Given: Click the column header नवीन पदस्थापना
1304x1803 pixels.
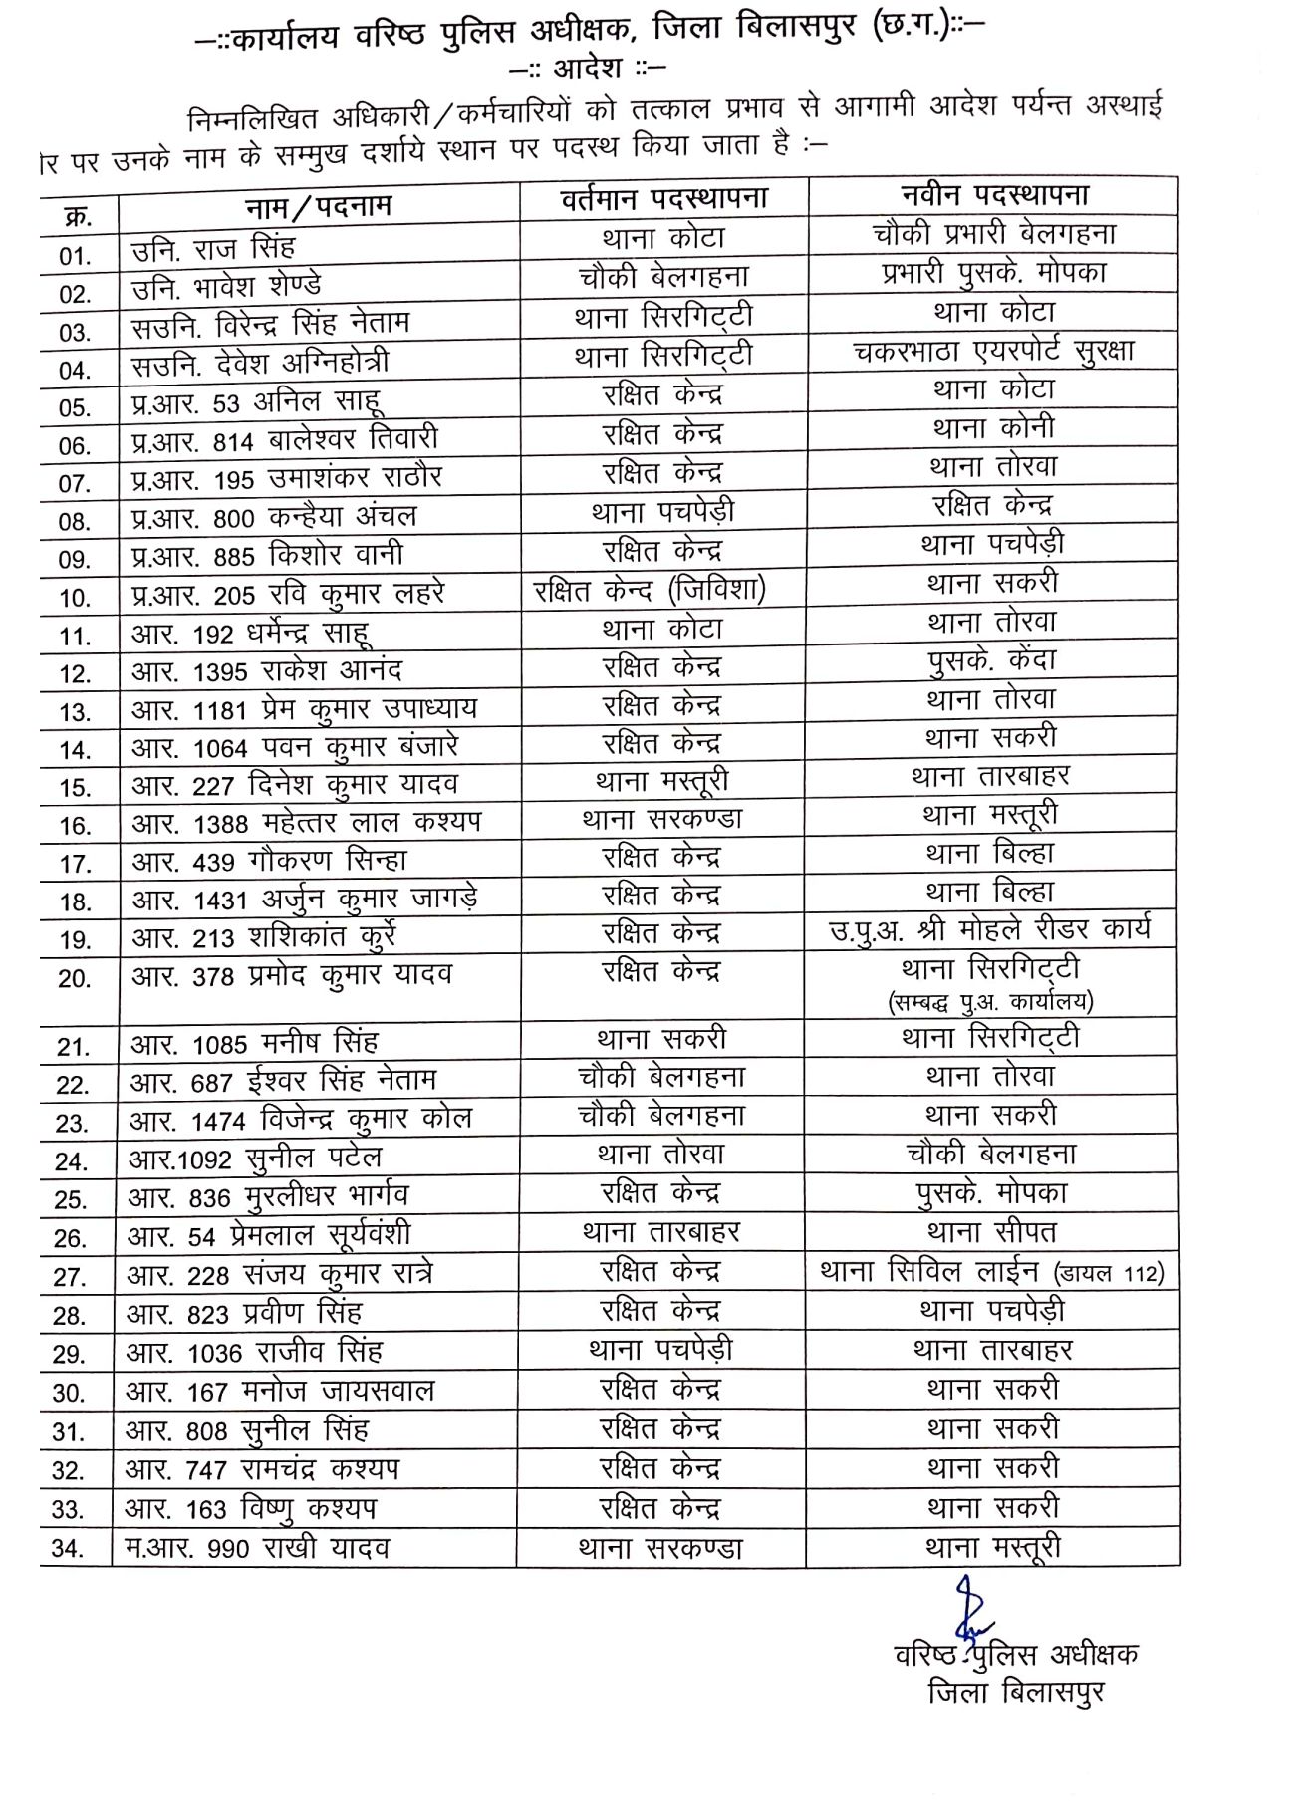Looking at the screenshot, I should tap(994, 194).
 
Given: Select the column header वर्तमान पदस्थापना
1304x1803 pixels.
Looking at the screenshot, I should tap(664, 199).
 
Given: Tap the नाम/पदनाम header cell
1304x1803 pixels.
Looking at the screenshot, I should tap(319, 207).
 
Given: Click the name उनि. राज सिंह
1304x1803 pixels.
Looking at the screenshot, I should tap(213, 248).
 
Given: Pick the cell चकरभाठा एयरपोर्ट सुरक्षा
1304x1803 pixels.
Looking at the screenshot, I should tap(993, 351).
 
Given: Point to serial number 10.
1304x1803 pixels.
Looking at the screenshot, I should tap(75, 598).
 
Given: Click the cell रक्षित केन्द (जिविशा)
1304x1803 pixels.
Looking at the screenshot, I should tap(650, 590).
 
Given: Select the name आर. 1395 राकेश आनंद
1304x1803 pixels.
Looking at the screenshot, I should tap(267, 671).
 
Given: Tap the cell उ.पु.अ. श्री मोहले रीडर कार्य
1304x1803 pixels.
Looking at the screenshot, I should tap(989, 930).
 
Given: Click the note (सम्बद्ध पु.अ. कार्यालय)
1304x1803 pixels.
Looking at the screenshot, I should tap(990, 1001).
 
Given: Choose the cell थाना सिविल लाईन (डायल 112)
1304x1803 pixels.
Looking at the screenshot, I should tap(991, 1272).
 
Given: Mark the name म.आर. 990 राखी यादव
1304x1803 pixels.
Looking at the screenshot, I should tap(257, 1548).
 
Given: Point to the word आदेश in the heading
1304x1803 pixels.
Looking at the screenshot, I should tap(588, 68).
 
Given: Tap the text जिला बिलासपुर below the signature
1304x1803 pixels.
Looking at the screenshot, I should tap(1015, 1692).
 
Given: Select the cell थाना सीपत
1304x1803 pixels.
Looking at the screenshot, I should tap(991, 1232).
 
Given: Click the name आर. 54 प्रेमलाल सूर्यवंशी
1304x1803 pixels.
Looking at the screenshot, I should tap(269, 1236).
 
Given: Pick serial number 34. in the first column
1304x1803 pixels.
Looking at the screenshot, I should tap(67, 1549).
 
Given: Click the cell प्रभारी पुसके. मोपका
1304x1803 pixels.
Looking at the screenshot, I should tap(993, 273).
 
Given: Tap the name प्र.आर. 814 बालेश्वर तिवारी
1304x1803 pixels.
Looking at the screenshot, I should tap(285, 440).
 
